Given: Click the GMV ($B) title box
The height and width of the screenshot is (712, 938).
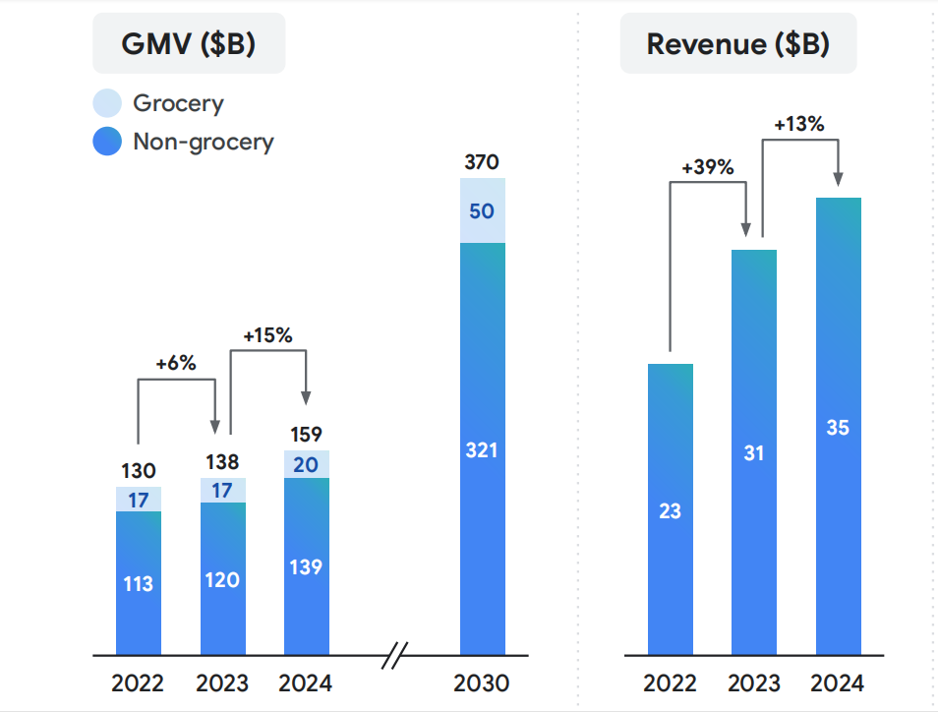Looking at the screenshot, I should click(x=189, y=44).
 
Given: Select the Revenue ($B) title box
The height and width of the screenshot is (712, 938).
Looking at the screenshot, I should click(x=737, y=44).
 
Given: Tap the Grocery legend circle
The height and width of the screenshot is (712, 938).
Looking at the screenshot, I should click(x=106, y=103).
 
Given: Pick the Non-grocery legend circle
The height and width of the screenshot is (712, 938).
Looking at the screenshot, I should click(x=106, y=142).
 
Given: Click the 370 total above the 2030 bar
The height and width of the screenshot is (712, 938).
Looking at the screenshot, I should click(x=482, y=163).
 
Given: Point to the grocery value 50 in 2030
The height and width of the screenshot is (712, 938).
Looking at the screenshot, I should click(x=482, y=211).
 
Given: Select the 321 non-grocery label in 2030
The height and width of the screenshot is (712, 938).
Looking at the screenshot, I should click(x=482, y=450).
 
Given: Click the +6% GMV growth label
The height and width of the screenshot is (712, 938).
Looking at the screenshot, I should click(x=176, y=363).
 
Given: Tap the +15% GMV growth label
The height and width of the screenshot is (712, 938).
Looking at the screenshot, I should click(x=267, y=334).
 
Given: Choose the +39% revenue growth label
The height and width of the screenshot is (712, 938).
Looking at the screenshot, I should click(x=708, y=167).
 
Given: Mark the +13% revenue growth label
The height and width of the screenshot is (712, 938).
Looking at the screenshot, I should click(x=798, y=125).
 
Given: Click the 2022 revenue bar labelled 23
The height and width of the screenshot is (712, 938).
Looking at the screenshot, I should click(x=671, y=509).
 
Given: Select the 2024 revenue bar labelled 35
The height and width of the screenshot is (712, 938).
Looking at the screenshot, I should click(x=839, y=427).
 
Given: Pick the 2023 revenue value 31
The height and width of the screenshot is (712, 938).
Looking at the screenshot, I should click(x=753, y=453).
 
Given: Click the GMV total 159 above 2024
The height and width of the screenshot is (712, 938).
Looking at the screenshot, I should click(x=307, y=435).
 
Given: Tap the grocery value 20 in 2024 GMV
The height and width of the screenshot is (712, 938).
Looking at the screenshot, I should click(x=306, y=465).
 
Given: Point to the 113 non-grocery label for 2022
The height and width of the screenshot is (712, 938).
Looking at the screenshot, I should click(x=138, y=584).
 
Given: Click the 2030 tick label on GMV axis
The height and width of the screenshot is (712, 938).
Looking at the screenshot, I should click(x=482, y=683).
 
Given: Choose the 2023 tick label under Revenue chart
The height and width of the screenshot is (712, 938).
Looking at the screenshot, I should click(x=753, y=683).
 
